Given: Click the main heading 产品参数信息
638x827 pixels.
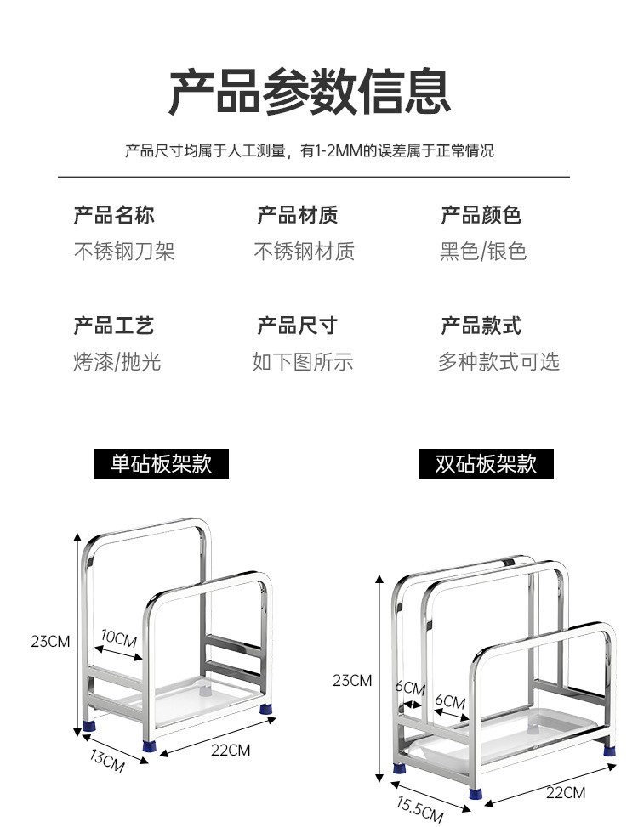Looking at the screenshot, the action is coord(309,92).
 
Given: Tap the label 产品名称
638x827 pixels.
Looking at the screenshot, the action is coord(114,215).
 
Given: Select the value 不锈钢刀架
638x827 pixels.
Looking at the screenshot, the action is coord(124,252).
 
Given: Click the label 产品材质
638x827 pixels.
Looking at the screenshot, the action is coord(298,215).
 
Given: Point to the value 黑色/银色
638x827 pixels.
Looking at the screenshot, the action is coord(483,252).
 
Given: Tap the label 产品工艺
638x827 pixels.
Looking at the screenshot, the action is coord(114,326).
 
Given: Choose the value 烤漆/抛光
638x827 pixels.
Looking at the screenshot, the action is coord(117,362).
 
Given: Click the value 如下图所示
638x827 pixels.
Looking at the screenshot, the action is coord(303,362).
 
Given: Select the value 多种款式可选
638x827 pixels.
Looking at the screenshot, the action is coord(498,362).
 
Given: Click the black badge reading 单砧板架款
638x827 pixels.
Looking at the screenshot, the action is coord(161,464).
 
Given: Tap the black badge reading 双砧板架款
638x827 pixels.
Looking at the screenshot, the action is coord(486,464).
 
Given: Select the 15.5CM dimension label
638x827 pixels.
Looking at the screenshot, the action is coord(419,810).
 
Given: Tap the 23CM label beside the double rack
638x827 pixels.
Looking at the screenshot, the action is coord(352,680).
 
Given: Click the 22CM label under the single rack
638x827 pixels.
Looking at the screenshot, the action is coord(231,750).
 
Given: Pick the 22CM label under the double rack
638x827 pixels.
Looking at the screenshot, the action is coord(565,792).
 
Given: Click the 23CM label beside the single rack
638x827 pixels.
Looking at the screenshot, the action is coord(50,641).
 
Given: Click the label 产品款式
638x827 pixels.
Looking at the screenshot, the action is coord(481,326).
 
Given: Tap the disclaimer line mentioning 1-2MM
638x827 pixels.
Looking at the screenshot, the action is coord(309,151).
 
